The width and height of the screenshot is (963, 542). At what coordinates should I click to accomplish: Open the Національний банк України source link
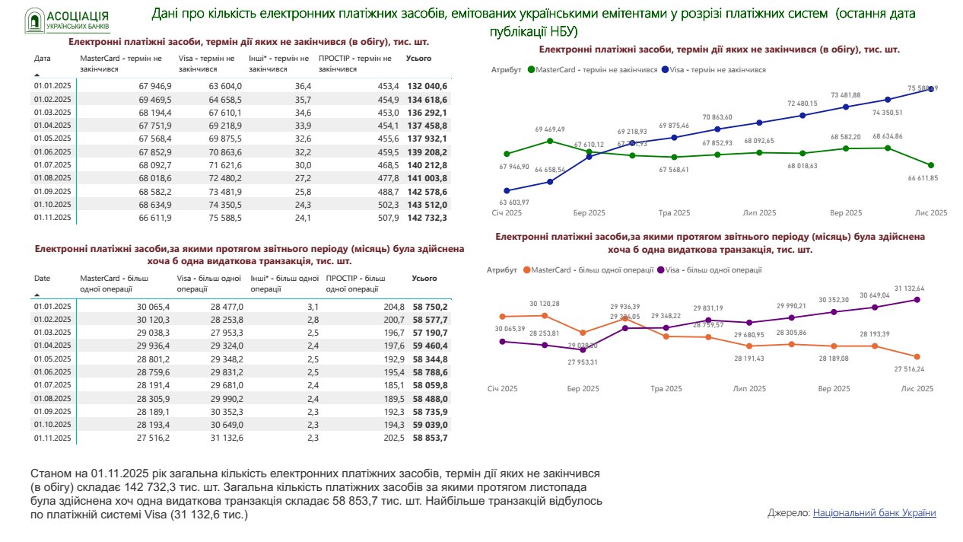[874, 513]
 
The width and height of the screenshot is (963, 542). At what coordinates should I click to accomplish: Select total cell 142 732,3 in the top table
[427, 218]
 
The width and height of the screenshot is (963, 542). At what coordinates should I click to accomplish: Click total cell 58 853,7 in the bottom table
[430, 438]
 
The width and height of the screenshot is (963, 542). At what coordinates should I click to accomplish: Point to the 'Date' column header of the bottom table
[42, 279]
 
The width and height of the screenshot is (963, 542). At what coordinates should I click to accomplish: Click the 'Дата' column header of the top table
[43, 58]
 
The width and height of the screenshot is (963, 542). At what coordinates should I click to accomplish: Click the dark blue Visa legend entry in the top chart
[715, 69]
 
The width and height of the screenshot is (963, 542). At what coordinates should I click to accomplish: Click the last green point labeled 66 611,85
[931, 165]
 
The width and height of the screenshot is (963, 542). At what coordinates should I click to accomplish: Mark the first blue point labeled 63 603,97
[507, 191]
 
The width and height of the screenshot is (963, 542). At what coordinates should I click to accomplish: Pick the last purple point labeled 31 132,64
[917, 300]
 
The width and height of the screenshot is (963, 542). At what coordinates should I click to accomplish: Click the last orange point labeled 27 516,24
[917, 357]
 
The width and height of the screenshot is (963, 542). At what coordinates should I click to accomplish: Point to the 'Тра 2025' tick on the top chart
[674, 213]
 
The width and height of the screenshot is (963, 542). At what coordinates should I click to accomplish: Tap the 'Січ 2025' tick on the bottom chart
[502, 389]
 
